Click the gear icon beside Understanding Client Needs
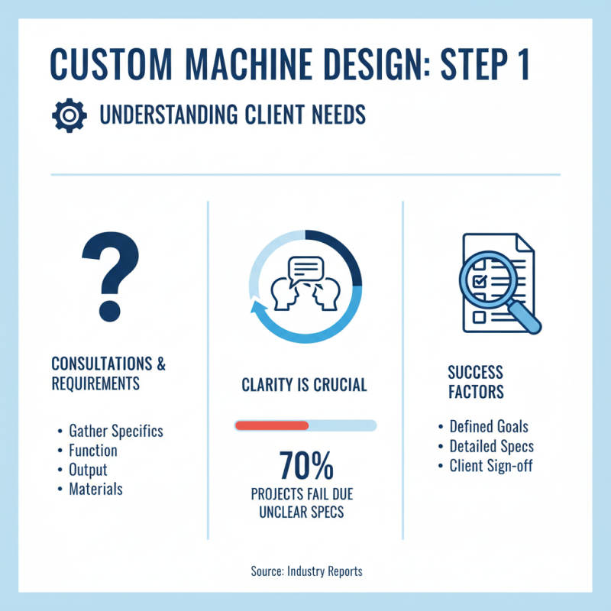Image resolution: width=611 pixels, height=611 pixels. tap(66, 115)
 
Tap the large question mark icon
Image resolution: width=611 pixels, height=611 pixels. tap(112, 275)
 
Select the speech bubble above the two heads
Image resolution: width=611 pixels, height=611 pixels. tap(304, 268)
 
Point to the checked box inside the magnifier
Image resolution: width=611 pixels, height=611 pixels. tap(481, 282)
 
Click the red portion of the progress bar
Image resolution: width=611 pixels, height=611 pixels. tap(271, 425)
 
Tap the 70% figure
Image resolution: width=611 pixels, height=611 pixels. tap(305, 464)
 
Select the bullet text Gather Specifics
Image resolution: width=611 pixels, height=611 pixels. tap(115, 431)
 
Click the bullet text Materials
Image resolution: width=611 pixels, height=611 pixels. tap(95, 489)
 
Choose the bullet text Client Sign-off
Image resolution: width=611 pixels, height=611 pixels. tap(491, 466)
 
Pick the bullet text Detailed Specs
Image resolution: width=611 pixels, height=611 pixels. tap(491, 447)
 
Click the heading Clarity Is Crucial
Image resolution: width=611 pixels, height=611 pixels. tap(304, 385)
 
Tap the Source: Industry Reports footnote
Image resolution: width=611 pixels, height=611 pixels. tap(305, 571)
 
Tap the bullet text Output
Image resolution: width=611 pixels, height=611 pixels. tap(88, 470)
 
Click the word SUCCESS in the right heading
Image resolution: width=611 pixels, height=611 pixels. tap(475, 373)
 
